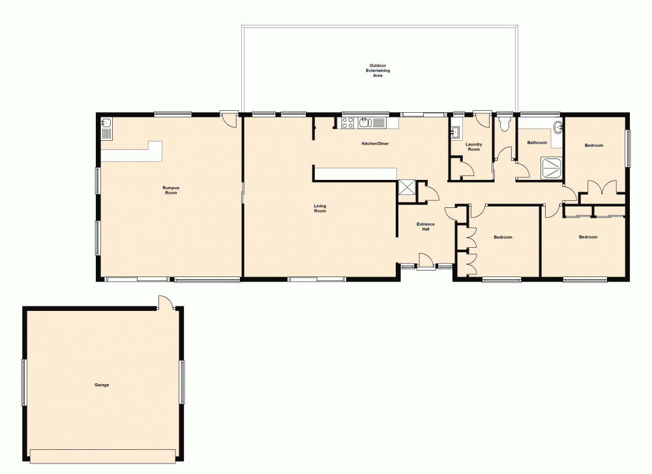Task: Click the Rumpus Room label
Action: pos(171,190)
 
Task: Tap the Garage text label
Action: pos(102,385)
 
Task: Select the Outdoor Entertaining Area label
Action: pos(378,70)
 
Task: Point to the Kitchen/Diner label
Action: pos(375,143)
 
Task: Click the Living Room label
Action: pos(319,209)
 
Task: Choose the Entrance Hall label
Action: pos(426,226)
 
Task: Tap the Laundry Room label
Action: pos(473,147)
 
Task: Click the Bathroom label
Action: pos(537,142)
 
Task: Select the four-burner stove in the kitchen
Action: pos(348,122)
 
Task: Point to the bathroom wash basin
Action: pos(557,126)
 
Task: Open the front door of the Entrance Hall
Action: pos(426,261)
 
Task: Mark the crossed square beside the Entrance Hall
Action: pos(407,187)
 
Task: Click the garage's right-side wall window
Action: pos(183,381)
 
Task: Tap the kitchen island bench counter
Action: pos(355,173)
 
